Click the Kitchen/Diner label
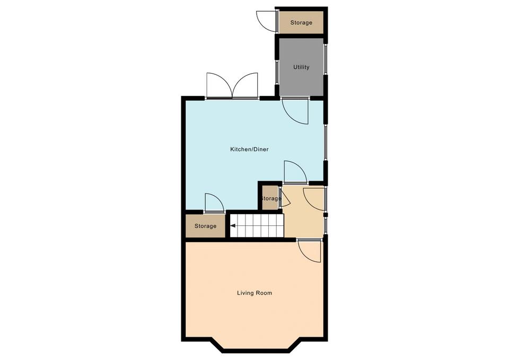click(x=249, y=150)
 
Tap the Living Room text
click(x=254, y=293)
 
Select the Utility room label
click(x=301, y=67)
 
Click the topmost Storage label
click(x=301, y=23)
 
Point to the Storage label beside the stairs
click(x=206, y=226)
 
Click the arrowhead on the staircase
click(x=233, y=226)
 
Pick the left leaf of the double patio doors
click(x=219, y=85)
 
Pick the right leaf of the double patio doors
click(x=245, y=85)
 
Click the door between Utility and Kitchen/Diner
click(x=295, y=111)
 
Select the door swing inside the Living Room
click(x=309, y=251)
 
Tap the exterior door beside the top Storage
click(x=267, y=21)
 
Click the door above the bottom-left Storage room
click(x=215, y=203)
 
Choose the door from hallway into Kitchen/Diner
click(x=295, y=172)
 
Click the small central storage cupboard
click(x=270, y=198)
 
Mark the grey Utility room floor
click(x=301, y=67)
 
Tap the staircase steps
click(x=257, y=226)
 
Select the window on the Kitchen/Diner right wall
click(x=326, y=142)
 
